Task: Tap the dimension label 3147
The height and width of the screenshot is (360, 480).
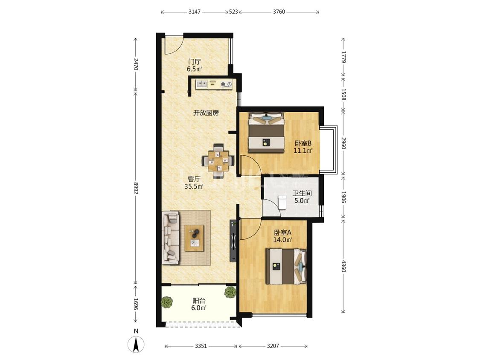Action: tap(195, 12)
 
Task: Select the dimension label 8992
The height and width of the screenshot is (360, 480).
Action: tap(136, 188)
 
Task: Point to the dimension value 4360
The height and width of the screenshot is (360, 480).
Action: tap(343, 266)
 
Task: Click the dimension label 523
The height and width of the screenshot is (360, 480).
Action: tap(233, 12)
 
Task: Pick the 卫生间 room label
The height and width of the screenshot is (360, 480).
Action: tap(302, 194)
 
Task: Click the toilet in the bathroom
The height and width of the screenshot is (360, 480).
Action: tap(282, 203)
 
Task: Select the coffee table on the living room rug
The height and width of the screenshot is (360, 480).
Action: tap(194, 238)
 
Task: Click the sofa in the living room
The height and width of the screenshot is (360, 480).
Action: tap(171, 238)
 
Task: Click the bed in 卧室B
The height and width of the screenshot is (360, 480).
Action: tap(266, 132)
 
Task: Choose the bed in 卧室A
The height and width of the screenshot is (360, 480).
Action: tap(286, 266)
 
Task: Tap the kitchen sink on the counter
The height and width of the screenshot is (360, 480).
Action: tap(201, 84)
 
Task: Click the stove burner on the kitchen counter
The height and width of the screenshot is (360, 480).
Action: tap(226, 84)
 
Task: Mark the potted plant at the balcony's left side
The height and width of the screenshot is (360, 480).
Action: tap(167, 302)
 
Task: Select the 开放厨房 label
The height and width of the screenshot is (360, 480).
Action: tap(206, 113)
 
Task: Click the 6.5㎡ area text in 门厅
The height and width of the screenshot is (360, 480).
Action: tap(195, 69)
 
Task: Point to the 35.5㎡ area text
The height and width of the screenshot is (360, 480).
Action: tap(194, 186)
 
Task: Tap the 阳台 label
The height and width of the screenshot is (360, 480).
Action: tap(199, 301)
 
